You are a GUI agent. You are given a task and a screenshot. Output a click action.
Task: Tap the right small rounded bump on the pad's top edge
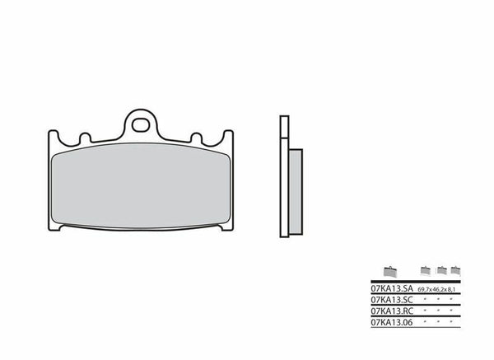coord(197,137)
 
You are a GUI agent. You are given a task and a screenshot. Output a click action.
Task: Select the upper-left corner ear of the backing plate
coord(54,136)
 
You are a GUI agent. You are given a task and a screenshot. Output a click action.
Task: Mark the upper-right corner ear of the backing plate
coord(229,136)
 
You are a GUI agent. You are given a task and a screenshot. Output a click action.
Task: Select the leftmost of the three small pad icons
coord(426,269)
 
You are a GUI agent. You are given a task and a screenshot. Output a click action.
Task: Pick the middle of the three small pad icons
coord(442,269)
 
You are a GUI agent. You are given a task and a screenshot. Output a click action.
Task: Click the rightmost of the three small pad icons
coord(455,269)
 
